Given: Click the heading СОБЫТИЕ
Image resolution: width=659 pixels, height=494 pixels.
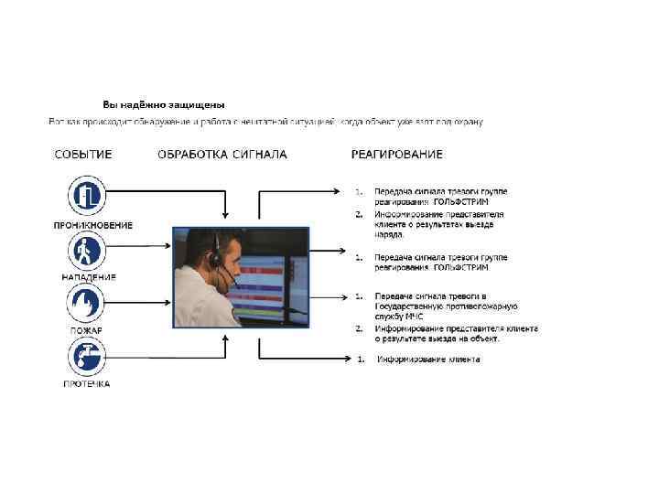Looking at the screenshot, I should tap(83, 155).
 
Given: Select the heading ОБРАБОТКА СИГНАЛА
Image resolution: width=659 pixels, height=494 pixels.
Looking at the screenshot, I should tap(222, 155).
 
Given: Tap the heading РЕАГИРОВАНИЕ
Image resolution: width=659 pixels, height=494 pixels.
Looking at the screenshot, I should tap(396, 155).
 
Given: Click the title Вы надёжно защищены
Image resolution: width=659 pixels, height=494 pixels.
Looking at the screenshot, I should tap(163, 105).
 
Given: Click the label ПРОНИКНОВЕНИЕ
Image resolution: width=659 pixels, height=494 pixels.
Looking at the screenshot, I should tap(92, 225).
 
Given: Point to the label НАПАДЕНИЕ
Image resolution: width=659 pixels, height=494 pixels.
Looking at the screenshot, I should tap(89, 277).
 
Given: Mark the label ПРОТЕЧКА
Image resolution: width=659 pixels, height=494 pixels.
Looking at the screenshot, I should tap(87, 383).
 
